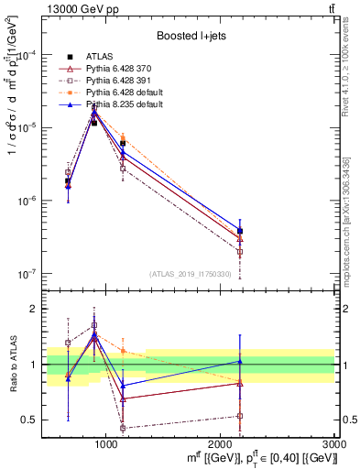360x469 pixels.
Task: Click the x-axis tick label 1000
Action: point(106,443)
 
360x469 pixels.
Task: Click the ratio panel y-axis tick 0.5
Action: point(33,420)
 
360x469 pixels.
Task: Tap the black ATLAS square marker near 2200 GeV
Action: point(240,231)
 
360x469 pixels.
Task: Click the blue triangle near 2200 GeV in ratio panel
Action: point(240,362)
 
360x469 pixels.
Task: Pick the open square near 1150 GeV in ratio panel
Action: point(123,428)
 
